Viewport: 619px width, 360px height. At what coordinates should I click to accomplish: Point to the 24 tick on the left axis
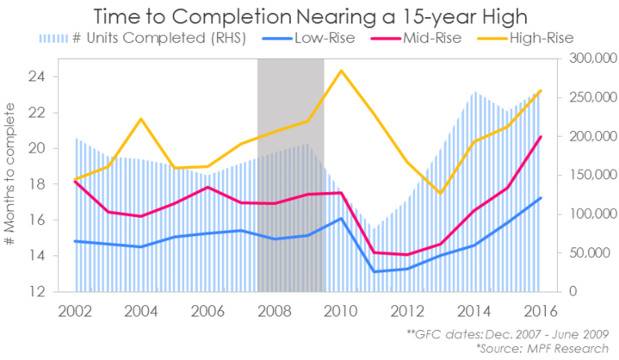pyautogui.click(x=37, y=77)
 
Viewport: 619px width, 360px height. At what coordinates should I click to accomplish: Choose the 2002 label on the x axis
pyautogui.click(x=75, y=311)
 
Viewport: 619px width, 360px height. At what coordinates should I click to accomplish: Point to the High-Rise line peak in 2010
pyautogui.click(x=342, y=71)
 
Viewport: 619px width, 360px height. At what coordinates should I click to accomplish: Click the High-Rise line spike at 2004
pyautogui.click(x=141, y=119)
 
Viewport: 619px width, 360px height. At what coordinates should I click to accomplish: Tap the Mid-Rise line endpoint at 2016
pyautogui.click(x=541, y=137)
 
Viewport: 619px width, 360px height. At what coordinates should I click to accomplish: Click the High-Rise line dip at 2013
pyautogui.click(x=441, y=193)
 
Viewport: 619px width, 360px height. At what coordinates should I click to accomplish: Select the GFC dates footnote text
pyautogui.click(x=507, y=332)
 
